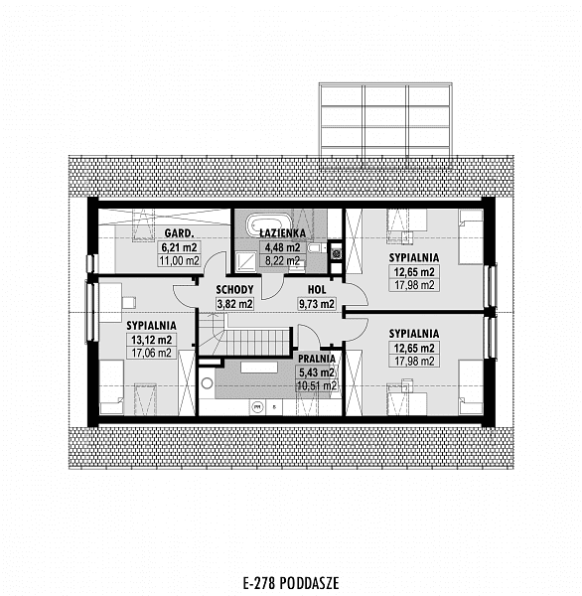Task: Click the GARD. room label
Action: (x=179, y=232)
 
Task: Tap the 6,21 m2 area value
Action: (x=179, y=247)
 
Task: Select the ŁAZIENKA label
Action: (x=282, y=233)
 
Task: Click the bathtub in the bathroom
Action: (x=263, y=225)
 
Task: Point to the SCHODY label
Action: (x=234, y=290)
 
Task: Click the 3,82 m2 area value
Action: (x=234, y=304)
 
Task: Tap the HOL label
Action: (x=317, y=290)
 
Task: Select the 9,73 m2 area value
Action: (x=317, y=304)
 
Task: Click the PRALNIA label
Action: (x=317, y=359)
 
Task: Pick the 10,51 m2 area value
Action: (x=317, y=385)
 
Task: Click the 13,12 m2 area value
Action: (x=151, y=340)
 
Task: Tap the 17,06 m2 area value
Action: (x=151, y=353)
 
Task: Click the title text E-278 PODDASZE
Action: (x=291, y=583)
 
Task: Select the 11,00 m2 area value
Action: (x=179, y=260)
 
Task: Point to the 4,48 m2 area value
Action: (x=282, y=247)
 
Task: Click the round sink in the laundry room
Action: (x=207, y=383)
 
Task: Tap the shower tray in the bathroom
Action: (x=246, y=261)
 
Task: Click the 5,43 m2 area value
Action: (x=317, y=372)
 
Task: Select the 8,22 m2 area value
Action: (x=282, y=260)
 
